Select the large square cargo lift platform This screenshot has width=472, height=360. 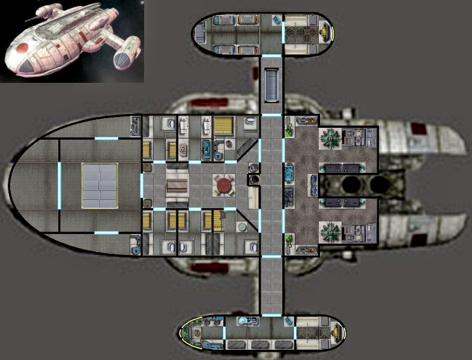click(x=101, y=185)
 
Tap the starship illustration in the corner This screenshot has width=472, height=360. click(x=71, y=41)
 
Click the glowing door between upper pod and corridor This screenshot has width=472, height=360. click(x=271, y=56)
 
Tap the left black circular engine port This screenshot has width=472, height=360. click(x=350, y=185)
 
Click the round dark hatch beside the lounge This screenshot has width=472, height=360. click(x=255, y=179)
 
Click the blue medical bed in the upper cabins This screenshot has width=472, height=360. click(x=208, y=147)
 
